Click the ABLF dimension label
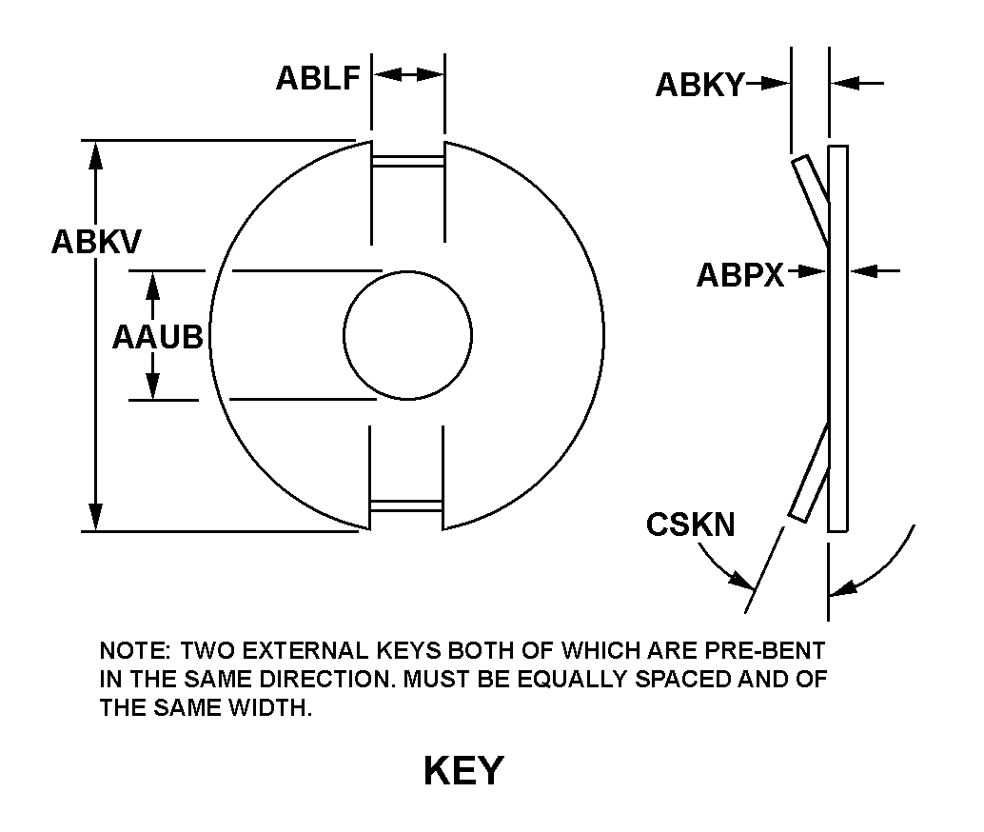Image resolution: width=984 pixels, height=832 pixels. [x=318, y=77]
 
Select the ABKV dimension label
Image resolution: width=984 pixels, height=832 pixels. [x=96, y=242]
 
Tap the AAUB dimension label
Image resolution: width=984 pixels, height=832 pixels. [x=158, y=337]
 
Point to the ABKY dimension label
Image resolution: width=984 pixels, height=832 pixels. [x=699, y=86]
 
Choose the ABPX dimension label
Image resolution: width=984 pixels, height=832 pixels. [x=740, y=275]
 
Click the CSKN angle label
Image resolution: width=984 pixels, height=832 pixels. [x=690, y=525]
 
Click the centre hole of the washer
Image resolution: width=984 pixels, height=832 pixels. [x=407, y=334]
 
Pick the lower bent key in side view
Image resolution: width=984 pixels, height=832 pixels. [x=810, y=472]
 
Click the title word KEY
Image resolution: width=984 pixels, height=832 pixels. [x=463, y=771]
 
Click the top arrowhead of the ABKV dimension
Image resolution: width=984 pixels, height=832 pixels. [x=95, y=152]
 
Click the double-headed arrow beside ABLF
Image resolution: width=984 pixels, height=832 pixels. [x=407, y=74]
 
